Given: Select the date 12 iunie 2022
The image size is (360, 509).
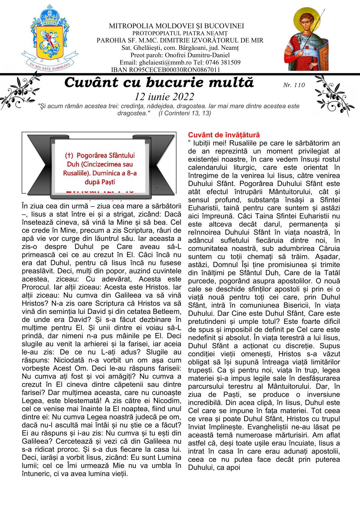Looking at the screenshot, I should (164, 97).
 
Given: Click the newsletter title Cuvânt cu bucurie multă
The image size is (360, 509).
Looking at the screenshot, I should (159, 83).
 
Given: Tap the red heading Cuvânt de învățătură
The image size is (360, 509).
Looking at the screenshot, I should (224, 135).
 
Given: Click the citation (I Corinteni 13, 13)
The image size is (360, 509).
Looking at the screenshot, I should (185, 113).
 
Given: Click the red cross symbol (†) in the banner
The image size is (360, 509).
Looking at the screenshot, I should (69, 156).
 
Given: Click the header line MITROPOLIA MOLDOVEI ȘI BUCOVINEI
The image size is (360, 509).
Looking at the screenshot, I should (176, 26).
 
